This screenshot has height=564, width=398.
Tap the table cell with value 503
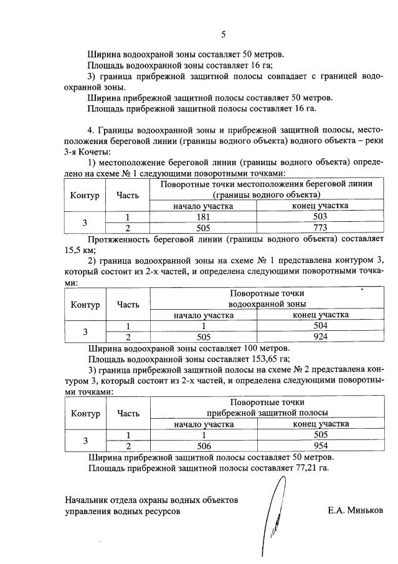[320, 217]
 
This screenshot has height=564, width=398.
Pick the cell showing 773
[320, 227]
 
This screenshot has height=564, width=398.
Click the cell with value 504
[320, 326]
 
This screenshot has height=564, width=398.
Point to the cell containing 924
[320, 337]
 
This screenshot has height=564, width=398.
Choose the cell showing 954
[320, 446]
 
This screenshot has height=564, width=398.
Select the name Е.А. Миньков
[356, 510]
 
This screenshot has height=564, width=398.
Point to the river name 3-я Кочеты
[87, 152]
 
